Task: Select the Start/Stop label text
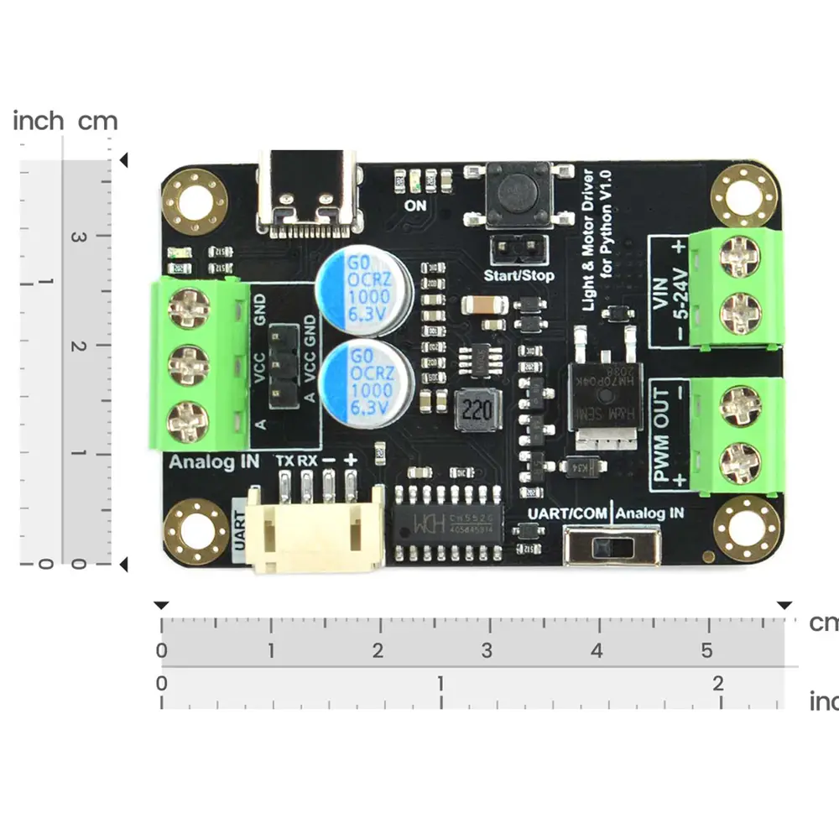point(519,275)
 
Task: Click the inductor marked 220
point(474,410)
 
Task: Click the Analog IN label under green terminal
point(214,461)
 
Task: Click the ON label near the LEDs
point(415,205)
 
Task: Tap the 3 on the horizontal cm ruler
point(487,650)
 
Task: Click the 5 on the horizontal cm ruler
point(706,650)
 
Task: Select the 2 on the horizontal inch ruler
point(718,683)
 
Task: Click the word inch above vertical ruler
point(38,122)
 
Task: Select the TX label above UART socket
point(285,461)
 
